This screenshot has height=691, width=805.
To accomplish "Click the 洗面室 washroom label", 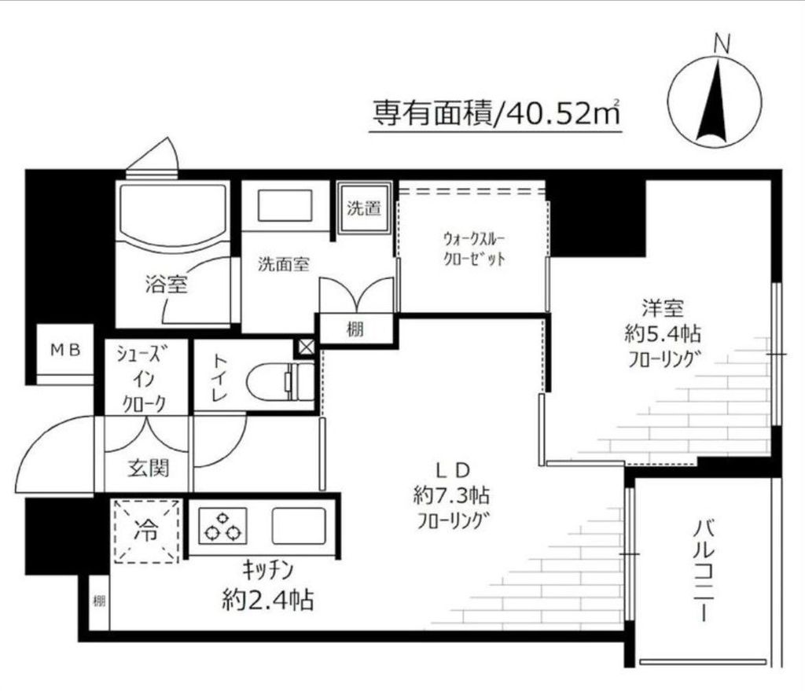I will [x=284, y=264].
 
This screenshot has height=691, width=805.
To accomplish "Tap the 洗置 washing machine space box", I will [x=364, y=209].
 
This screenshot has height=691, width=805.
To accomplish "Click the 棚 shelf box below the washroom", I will [x=355, y=329].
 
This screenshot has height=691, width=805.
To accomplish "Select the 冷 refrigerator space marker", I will [x=147, y=531].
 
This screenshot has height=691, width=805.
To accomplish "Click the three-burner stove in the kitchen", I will [x=222, y=525].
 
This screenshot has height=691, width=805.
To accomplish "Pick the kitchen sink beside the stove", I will [x=299, y=526].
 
